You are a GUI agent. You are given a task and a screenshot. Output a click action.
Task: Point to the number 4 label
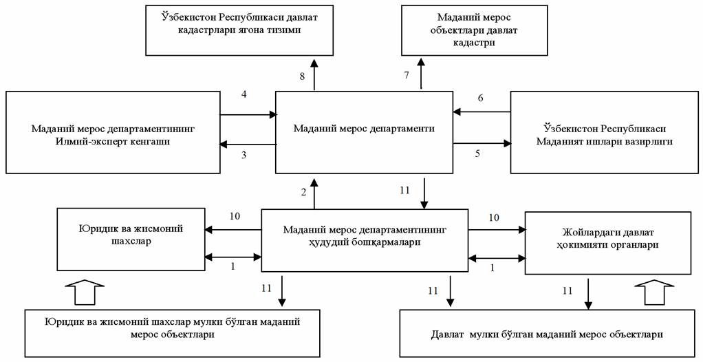pos(244,93)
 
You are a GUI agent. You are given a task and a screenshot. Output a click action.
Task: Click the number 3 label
pos(244,156)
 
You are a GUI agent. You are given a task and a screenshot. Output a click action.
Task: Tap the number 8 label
pos(302,76)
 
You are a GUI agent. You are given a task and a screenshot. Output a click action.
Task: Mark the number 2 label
pos(303,192)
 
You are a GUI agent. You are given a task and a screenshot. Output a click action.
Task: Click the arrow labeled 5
pos(482,143)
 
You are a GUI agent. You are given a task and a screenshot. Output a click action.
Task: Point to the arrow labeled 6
pos(482,111)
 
